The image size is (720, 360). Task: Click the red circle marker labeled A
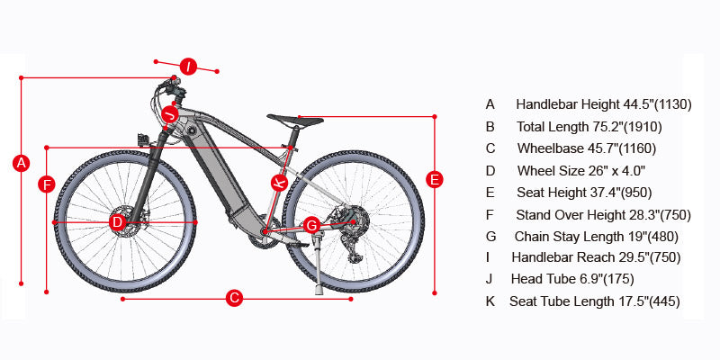(x=21, y=163)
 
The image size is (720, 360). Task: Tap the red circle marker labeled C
(x=233, y=297)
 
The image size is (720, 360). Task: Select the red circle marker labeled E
(x=435, y=179)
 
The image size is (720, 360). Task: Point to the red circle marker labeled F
(x=47, y=184)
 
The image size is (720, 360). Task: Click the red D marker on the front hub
(x=117, y=221)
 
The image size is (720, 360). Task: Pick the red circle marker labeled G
(x=311, y=224)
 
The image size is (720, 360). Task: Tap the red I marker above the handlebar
(x=188, y=66)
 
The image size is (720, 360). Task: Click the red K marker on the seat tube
(x=280, y=182)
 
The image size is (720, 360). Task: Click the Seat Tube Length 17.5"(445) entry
(x=594, y=301)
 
